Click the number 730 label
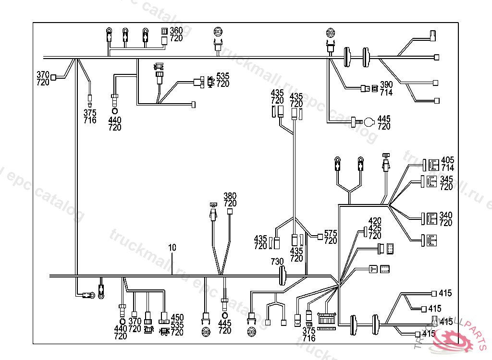(277, 261)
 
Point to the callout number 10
(172, 248)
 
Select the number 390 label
(386, 85)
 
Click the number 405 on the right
(447, 160)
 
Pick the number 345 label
(446, 179)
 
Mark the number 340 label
(446, 215)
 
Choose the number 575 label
(331, 233)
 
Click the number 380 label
(230, 196)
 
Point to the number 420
(375, 221)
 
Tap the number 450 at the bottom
(177, 317)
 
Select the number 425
(375, 228)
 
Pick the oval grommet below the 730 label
(283, 277)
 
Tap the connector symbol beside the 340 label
(431, 219)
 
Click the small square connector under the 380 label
(230, 211)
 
